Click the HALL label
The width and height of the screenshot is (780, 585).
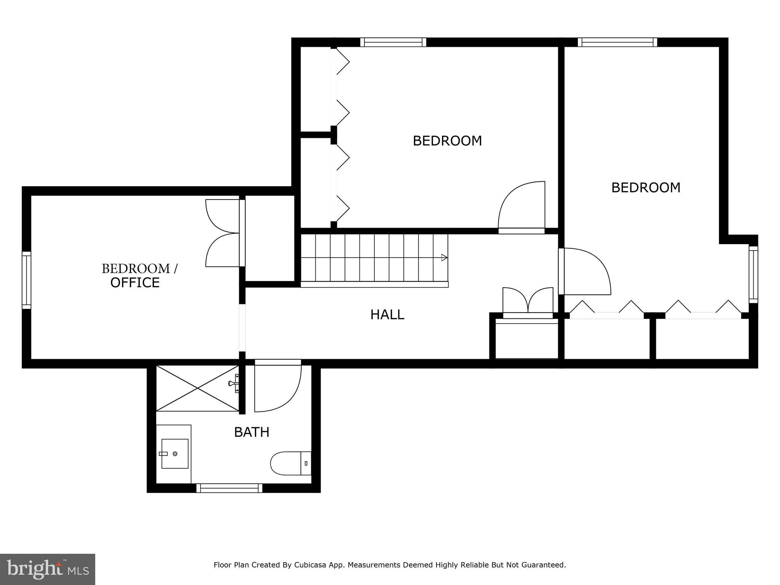pos(387,315)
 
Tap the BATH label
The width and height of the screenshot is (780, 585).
pos(251,432)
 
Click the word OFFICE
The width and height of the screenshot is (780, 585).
pos(135,283)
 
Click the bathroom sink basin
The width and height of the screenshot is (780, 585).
pos(175,453)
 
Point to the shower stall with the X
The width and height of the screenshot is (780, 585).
pos(197,388)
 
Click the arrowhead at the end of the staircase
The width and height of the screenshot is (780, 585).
pos(444,258)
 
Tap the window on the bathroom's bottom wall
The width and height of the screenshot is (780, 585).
pos(229,488)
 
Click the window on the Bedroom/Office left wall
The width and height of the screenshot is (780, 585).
pos(26,280)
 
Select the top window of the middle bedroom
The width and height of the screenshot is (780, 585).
pos(393,42)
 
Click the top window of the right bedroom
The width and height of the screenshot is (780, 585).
pos(617,42)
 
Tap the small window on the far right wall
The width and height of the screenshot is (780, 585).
pos(753,274)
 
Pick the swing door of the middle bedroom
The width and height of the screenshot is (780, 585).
pos(522,208)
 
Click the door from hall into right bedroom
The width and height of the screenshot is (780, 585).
pos(585,271)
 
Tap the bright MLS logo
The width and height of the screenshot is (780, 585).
pos(48,569)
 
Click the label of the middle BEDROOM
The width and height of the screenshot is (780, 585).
pos(447,141)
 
